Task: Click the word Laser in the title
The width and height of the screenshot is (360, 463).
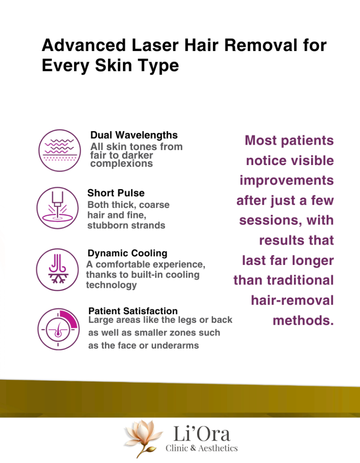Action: [155, 45]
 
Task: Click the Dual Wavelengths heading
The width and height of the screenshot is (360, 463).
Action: [134, 135]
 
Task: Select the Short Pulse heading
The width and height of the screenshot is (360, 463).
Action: [116, 193]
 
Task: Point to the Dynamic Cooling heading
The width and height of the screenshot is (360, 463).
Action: [127, 253]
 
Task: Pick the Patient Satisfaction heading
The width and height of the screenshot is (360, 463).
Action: [133, 311]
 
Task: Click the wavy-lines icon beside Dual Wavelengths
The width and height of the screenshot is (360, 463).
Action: [59, 150]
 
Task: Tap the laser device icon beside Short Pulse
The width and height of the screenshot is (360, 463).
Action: [57, 208]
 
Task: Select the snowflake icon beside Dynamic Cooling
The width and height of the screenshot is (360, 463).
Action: [57, 269]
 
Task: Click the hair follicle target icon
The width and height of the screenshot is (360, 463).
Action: [58, 329]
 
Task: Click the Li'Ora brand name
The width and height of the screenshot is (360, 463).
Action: [202, 434]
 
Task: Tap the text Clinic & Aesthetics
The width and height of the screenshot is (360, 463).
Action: [201, 448]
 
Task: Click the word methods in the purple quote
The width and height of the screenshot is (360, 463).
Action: [303, 321]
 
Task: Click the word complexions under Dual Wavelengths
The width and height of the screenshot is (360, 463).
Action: [122, 164]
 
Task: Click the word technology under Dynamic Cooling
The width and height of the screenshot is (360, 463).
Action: [111, 285]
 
